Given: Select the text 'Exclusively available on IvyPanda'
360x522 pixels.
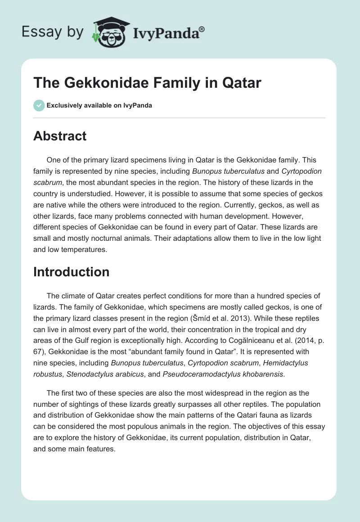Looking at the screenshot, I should (x=99, y=106).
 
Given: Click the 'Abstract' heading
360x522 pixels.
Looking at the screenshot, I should (x=60, y=136).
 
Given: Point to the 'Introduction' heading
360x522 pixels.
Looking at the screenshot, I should (x=71, y=272).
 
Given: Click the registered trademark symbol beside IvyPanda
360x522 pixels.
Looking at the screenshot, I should (x=202, y=29).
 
